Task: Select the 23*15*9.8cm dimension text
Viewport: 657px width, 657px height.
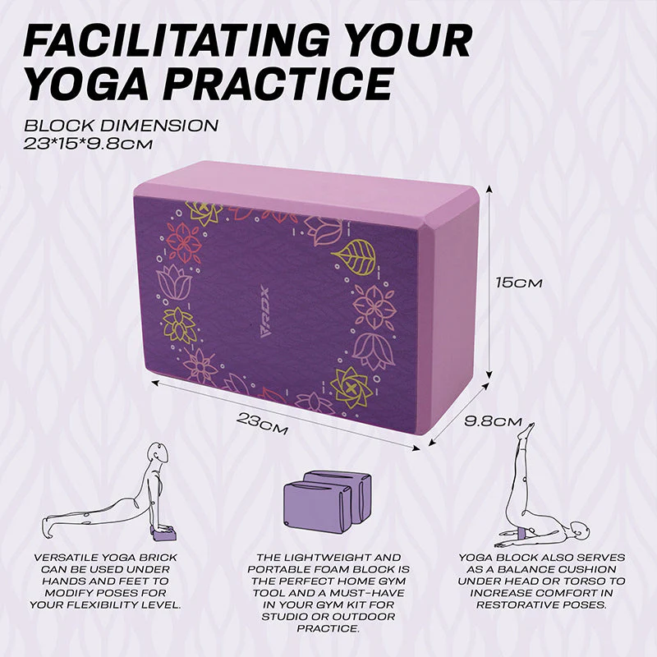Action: (x=88, y=144)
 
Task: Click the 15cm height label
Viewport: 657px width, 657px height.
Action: (x=519, y=283)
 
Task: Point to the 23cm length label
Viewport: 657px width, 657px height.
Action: (x=263, y=423)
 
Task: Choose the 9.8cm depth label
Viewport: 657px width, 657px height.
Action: (x=494, y=420)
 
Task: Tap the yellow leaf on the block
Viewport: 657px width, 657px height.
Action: (x=356, y=256)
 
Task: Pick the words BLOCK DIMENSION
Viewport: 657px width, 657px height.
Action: (x=121, y=126)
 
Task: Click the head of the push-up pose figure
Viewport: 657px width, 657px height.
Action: (x=159, y=453)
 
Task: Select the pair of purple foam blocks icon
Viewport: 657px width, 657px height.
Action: (x=327, y=502)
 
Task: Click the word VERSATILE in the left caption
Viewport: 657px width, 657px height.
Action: (x=67, y=558)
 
